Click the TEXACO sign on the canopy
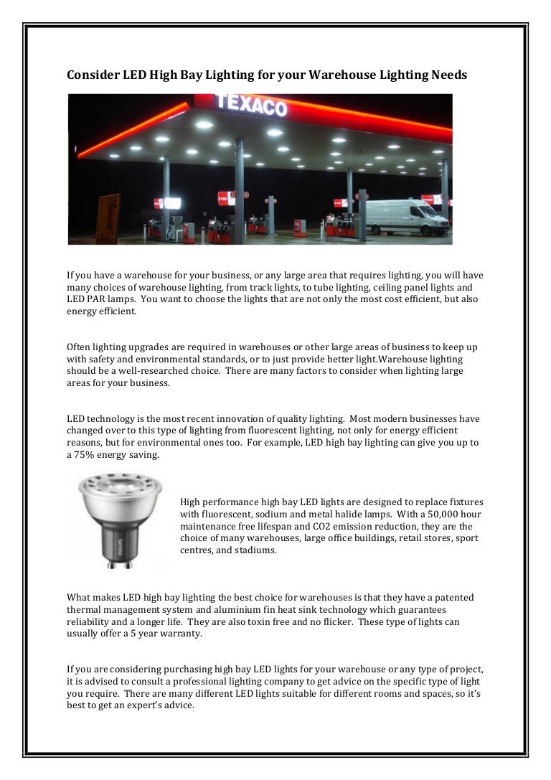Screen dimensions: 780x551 click(x=251, y=106)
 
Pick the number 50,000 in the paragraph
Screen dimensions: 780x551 click(x=421, y=514)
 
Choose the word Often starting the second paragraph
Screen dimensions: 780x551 click(x=79, y=347)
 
